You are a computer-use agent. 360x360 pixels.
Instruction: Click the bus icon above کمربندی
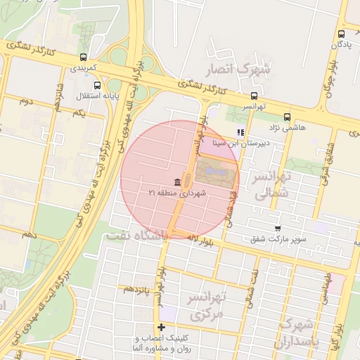pyautogui.click(x=84, y=57)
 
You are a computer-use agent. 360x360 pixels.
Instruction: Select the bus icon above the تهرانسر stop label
pyautogui.click(x=253, y=96)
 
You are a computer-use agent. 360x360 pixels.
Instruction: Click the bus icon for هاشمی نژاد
pyautogui.click(x=286, y=117)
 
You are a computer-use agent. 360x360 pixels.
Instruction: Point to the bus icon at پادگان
pyautogui.click(x=341, y=33)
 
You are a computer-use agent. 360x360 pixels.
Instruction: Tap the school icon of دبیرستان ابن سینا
pyautogui.click(x=240, y=131)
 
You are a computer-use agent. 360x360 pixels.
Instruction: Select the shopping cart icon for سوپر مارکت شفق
pyautogui.click(x=278, y=229)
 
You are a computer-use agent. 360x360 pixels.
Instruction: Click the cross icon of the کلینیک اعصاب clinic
pyautogui.click(x=162, y=327)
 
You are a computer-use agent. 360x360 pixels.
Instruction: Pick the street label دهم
pyautogui.click(x=29, y=233)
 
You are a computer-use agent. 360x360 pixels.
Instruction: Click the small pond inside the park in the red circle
pyautogui.click(x=217, y=169)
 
